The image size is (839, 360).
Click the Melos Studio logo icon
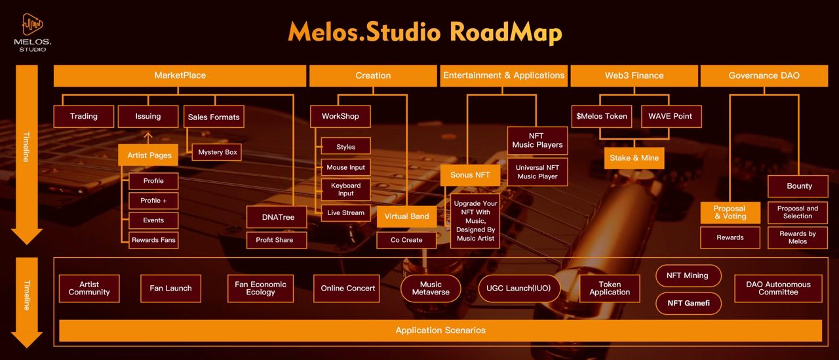click(33, 25)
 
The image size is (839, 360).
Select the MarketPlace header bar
click(180, 75)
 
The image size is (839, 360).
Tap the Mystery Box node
click(218, 152)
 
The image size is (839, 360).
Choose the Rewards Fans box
click(153, 240)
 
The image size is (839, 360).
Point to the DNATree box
click(276, 217)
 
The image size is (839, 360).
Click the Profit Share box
click(275, 240)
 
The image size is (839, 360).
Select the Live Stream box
click(345, 213)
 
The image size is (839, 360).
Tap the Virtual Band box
click(406, 216)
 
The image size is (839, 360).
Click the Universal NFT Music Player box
click(537, 172)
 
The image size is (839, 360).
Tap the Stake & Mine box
click(634, 158)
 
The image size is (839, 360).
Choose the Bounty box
click(799, 186)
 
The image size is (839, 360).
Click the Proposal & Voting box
click(730, 212)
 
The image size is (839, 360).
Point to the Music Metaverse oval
click(431, 289)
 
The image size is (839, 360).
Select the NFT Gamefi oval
click(688, 303)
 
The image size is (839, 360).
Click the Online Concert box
click(348, 289)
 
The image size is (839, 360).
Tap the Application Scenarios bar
click(440, 330)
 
